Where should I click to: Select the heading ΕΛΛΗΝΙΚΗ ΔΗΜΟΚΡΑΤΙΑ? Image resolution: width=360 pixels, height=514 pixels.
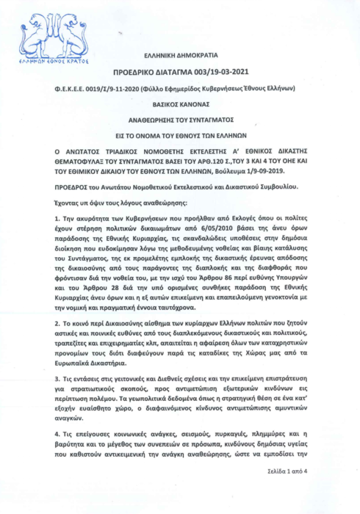(x=180, y=57)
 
